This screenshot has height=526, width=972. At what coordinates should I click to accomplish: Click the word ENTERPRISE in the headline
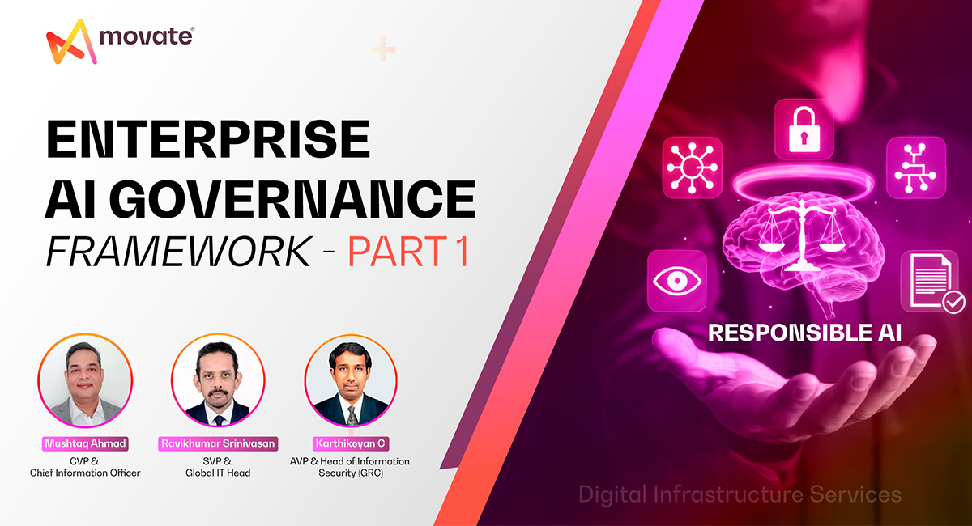point(207,139)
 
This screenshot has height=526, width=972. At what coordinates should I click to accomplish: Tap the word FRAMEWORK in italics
point(178,252)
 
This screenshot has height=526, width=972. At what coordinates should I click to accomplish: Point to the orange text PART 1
point(409,252)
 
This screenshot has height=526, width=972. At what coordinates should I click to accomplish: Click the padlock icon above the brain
point(803,129)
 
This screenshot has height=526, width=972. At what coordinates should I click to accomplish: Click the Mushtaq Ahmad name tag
point(85,443)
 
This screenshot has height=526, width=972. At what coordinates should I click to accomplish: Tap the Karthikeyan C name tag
point(350,443)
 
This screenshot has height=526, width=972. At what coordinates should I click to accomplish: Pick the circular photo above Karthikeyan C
point(351,381)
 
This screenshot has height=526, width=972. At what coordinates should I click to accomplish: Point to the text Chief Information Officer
point(85,473)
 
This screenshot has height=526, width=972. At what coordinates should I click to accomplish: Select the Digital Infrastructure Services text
point(740,494)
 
